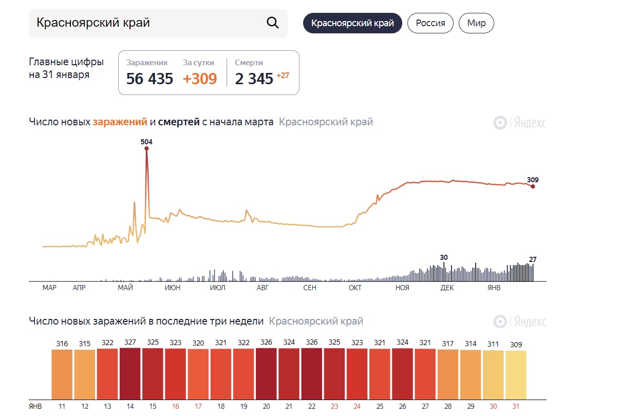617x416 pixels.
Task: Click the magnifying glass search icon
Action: [x=272, y=23]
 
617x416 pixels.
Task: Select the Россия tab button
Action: [x=430, y=23]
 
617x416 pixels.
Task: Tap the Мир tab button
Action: [x=476, y=23]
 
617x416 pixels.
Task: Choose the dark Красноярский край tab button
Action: [x=352, y=23]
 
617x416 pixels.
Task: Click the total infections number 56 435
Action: [x=149, y=79]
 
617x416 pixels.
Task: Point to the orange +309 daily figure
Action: [x=200, y=79]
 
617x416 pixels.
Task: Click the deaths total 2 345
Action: [x=254, y=79]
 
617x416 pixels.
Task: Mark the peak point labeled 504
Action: [x=146, y=149]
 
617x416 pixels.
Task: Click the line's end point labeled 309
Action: [x=533, y=186]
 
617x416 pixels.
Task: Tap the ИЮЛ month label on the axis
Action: [x=218, y=288]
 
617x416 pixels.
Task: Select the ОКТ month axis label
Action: [x=355, y=288]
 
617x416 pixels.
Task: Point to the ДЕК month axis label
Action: [x=447, y=288]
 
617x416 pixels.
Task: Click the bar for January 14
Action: [x=130, y=374]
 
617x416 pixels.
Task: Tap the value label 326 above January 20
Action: [x=266, y=342]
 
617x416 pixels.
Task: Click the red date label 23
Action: [x=334, y=406]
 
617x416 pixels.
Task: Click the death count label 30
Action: [x=444, y=257]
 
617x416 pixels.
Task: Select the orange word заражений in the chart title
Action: [x=120, y=122]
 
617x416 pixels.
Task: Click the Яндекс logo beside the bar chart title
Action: [x=520, y=322]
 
